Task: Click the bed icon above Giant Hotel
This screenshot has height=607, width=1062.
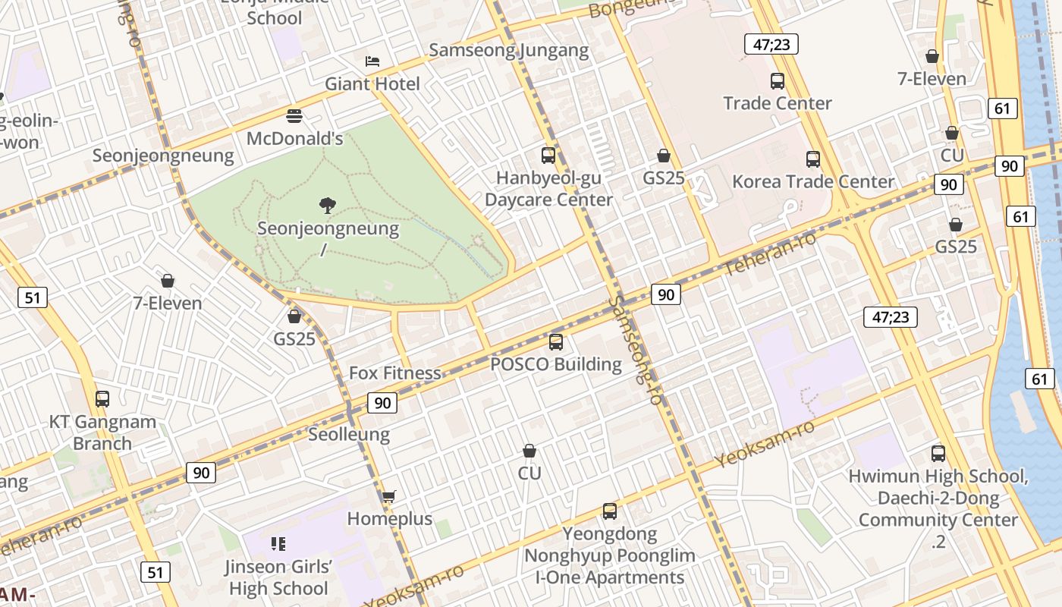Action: coord(372,61)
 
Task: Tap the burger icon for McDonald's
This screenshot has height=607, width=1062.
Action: coord(294,116)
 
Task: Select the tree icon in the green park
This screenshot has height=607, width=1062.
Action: coord(328,205)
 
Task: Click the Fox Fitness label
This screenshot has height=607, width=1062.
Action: coord(394,373)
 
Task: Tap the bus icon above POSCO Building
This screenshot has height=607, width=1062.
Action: coord(556,341)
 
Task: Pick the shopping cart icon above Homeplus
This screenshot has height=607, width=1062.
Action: coord(388,496)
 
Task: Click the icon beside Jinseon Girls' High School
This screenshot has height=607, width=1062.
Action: coord(278,543)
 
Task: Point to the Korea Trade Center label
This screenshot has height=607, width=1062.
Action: coord(813,181)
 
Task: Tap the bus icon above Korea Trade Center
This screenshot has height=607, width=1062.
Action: coord(813,159)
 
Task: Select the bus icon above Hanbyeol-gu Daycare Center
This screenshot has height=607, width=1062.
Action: coord(548,155)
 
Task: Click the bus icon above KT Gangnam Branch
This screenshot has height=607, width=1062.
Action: coord(102,398)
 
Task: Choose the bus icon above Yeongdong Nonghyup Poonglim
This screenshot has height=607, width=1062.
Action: coord(610,511)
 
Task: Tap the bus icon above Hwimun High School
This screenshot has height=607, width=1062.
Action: coord(938,453)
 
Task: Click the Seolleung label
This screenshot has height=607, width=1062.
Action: coord(349,434)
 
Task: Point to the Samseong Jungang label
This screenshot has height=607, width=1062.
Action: coord(508,50)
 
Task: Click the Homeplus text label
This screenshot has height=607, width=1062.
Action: coord(389,519)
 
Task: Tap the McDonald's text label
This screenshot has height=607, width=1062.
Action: coord(295,139)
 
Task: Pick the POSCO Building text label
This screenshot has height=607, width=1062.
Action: coord(556,364)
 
